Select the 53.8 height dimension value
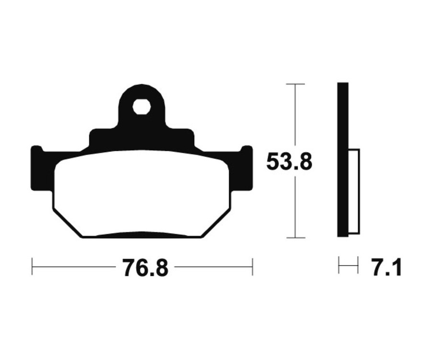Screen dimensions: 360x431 289,162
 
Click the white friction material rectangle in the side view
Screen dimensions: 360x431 353,191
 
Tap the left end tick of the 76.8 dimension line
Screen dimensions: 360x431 32,266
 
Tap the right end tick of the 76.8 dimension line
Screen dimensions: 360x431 252,266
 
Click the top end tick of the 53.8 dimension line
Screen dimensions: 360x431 295,84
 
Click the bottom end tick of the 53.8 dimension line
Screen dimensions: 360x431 295,237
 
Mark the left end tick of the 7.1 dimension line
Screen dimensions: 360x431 339,265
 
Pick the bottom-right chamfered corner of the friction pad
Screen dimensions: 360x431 218,223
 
